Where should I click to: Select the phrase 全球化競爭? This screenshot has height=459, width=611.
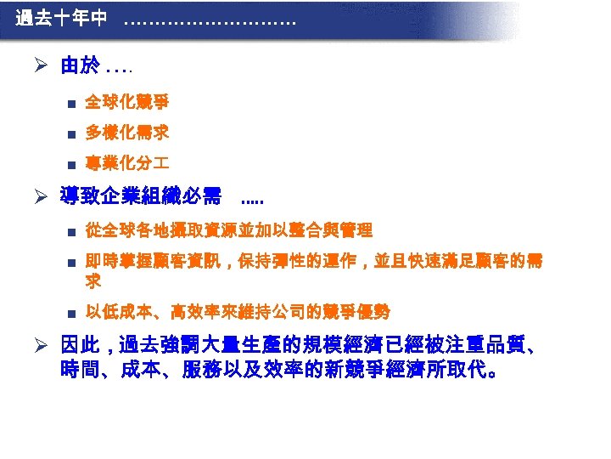coord(126,103)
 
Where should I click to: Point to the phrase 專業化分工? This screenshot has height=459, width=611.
coord(126,164)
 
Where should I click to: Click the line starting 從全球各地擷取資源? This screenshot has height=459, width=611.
coord(229,230)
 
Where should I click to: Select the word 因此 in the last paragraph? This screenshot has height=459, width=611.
coord(81,348)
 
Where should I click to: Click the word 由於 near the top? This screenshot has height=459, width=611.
coord(80,65)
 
